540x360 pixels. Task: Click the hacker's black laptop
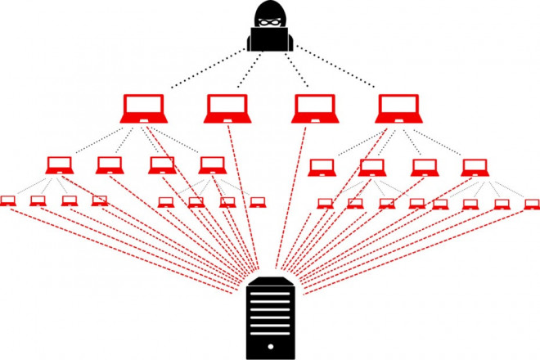click(x=269, y=39)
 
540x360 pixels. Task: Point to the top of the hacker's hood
click(x=269, y=4)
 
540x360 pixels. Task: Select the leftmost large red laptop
click(x=144, y=109)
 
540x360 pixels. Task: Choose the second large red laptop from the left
click(x=226, y=109)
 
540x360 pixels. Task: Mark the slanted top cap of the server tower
click(x=270, y=280)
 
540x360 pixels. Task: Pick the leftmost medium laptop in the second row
click(x=60, y=165)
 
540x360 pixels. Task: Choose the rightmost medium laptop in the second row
click(x=473, y=168)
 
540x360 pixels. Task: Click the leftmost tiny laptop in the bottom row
click(x=8, y=200)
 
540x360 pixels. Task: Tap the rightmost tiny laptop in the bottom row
click(x=531, y=204)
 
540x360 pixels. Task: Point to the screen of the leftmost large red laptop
click(x=144, y=106)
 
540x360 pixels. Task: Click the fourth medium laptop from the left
click(x=212, y=165)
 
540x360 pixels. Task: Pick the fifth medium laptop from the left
click(x=322, y=168)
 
